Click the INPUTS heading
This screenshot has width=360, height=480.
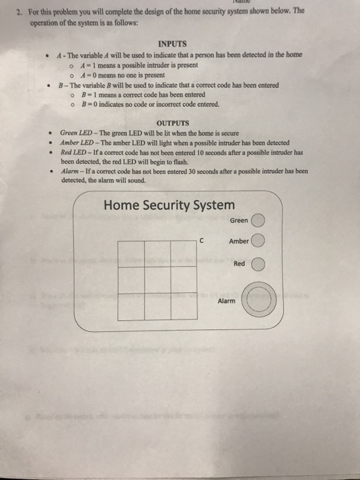click(173, 42)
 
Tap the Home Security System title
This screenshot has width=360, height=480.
click(168, 204)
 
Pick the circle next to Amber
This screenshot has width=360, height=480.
click(257, 241)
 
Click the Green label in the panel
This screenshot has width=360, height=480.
click(239, 221)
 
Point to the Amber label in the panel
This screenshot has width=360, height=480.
click(239, 241)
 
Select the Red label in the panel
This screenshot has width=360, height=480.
click(239, 263)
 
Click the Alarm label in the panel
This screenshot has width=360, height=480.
click(226, 301)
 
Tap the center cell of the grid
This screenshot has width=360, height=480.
click(158, 279)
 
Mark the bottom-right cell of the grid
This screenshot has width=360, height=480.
click(184, 305)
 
